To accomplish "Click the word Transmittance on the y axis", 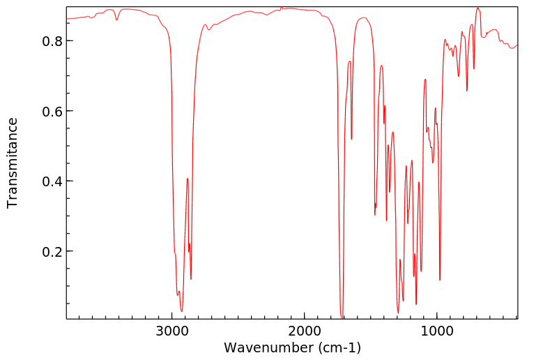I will coord(13,163).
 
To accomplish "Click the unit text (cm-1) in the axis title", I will coord(339,347).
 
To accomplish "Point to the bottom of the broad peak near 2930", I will coord(181,311).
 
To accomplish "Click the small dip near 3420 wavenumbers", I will coord(117,20).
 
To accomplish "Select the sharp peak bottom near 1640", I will coord(351,139).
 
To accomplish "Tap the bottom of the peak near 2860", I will coord(191,279).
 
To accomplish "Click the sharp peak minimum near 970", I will coord(440,280).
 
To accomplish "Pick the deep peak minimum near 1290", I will coord(398,313).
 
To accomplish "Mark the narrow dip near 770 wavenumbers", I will coord(467,91).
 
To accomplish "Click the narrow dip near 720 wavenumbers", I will coord(474,69).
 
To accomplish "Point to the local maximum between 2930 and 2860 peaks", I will coord(188,179).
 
